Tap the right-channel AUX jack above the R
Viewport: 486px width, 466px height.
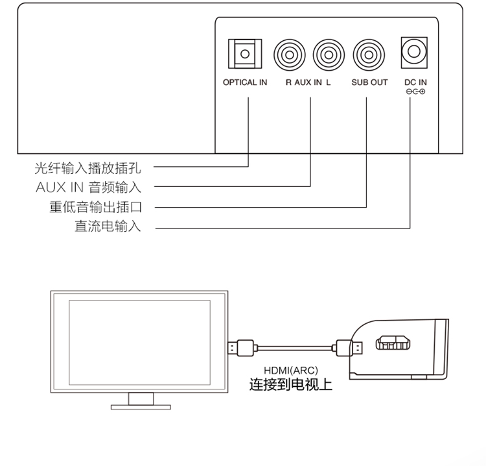290,55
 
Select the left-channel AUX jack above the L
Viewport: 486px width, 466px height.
329,55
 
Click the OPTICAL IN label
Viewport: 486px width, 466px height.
245,82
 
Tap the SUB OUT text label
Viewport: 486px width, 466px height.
369,82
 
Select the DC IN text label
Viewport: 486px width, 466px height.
415,82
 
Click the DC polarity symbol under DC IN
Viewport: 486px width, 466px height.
415,92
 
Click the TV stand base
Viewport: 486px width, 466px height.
141,406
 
